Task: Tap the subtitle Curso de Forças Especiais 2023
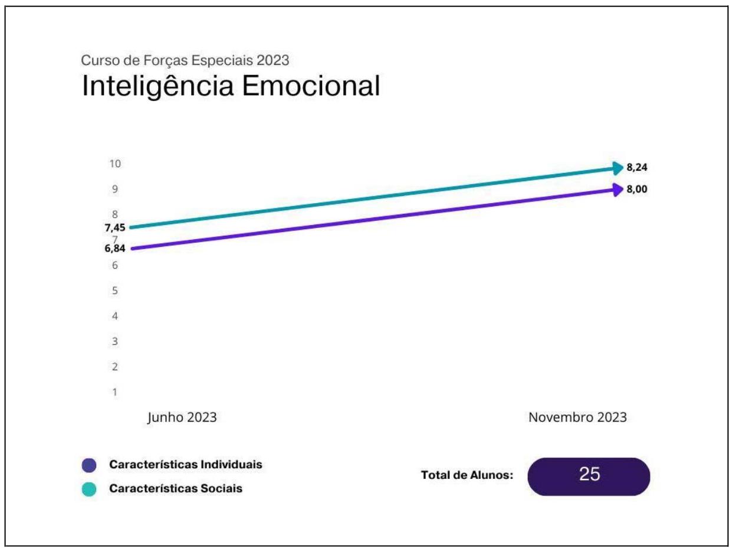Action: [x=185, y=60]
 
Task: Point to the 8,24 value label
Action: [x=637, y=168]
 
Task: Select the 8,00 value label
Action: [x=637, y=190]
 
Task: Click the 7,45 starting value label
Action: [x=114, y=227]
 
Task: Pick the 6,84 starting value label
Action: [x=114, y=248]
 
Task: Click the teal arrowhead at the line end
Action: [x=618, y=168]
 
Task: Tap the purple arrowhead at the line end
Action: [x=618, y=190]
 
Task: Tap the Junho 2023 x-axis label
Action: [x=182, y=417]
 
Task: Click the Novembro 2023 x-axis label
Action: [x=577, y=417]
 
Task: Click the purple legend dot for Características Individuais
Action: [x=89, y=465]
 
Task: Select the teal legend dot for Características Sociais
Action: [x=89, y=490]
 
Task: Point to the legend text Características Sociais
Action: [x=176, y=489]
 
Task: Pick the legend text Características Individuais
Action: [x=186, y=464]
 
